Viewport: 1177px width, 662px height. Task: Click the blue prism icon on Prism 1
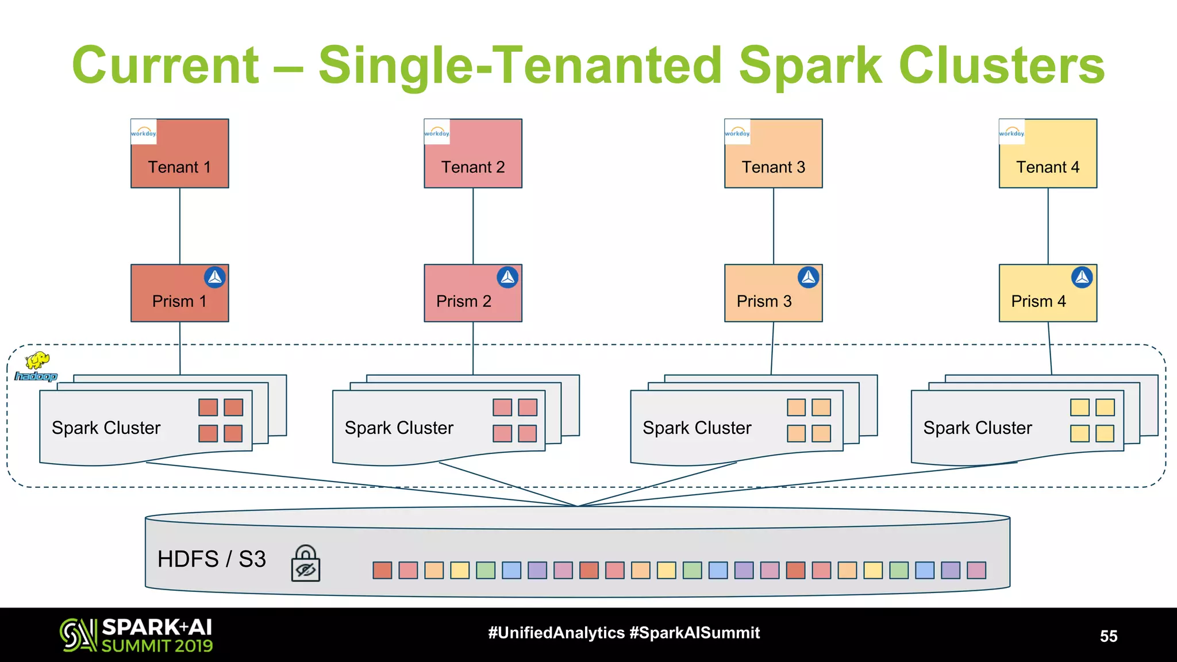click(215, 278)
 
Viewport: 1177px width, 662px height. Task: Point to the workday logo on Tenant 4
click(1011, 132)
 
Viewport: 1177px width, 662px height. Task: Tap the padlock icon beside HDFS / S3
click(305, 564)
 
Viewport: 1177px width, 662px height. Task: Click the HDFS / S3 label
click(211, 559)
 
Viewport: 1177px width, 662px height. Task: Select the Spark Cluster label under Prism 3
click(697, 428)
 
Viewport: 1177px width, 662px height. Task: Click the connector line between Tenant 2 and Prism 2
click(473, 226)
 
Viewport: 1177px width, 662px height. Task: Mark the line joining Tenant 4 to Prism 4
click(1048, 226)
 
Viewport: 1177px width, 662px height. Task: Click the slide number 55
click(1108, 636)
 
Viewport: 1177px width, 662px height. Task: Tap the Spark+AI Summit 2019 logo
click(137, 635)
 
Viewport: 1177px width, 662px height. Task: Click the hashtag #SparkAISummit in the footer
click(694, 633)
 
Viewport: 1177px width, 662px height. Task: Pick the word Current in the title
click(166, 66)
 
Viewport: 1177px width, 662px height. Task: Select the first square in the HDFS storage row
click(382, 570)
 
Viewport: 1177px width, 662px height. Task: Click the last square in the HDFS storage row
click(976, 570)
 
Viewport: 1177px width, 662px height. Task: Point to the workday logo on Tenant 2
click(437, 132)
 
